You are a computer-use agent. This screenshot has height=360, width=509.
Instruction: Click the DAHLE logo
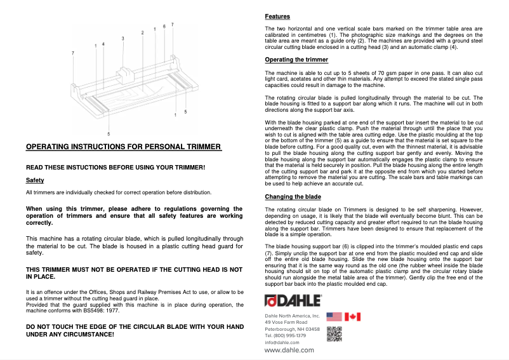pos(293,301)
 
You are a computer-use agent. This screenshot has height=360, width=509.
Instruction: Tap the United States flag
pos(334,316)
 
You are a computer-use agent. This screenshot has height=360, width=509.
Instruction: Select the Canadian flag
pos(352,316)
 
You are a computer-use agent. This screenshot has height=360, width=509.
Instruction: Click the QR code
pos(334,334)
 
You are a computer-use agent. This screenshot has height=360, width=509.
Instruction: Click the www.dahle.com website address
pos(289,350)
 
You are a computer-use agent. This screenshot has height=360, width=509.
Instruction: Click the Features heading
pos(277,16)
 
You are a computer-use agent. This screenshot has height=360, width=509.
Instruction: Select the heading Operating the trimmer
pos(296,60)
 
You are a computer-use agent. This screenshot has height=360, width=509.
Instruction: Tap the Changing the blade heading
pos(293,197)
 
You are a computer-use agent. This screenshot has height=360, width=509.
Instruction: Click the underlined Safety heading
pos(34,180)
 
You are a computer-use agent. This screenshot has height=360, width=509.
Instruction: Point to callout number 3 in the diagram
pos(122,39)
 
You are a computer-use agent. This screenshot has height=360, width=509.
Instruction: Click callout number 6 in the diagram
pos(164,27)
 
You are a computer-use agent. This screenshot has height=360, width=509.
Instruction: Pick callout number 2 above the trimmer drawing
pos(143,32)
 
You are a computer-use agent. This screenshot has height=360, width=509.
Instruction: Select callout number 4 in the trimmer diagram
pos(103,44)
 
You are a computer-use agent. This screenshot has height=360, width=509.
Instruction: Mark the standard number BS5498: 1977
pos(96,310)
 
